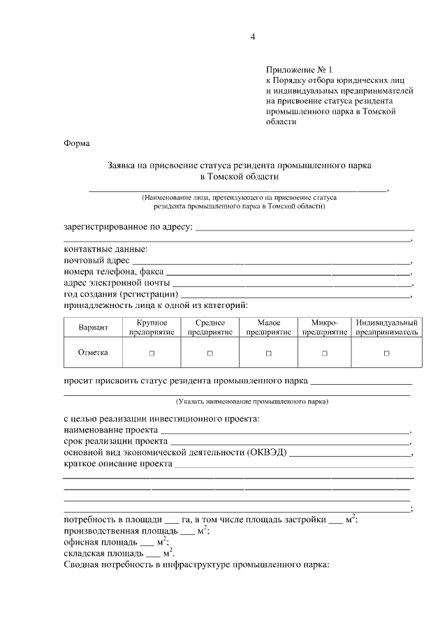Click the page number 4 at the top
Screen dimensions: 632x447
tap(253, 37)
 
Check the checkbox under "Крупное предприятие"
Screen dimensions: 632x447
tap(152, 353)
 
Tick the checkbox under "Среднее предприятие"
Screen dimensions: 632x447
tap(210, 353)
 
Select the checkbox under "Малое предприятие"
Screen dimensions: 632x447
tap(268, 353)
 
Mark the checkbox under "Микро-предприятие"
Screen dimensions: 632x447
tap(324, 353)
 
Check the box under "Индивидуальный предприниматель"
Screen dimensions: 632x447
tap(386, 353)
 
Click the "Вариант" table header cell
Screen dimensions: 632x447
tap(93, 328)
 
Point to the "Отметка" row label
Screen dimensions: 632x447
tap(93, 353)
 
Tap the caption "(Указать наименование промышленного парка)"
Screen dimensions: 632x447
tap(251, 402)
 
